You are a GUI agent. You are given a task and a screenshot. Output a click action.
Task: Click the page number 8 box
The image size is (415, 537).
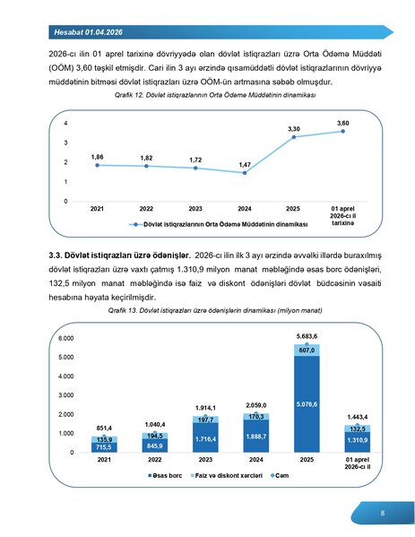(x=382, y=514)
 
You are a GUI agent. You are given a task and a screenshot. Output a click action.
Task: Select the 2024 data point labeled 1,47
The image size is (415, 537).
(x=244, y=173)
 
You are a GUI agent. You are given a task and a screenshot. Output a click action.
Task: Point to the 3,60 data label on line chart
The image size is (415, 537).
(x=342, y=122)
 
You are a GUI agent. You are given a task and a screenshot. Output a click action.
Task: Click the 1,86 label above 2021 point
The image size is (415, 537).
(x=98, y=156)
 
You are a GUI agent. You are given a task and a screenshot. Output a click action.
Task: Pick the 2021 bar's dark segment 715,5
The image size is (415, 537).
(x=104, y=446)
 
